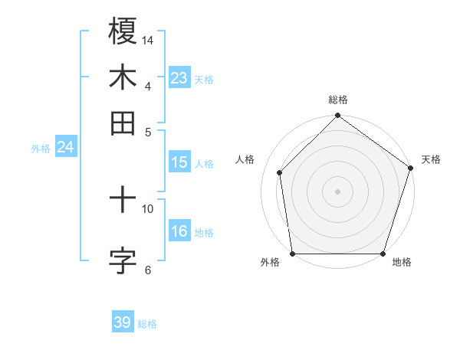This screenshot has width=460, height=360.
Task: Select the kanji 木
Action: click(x=123, y=77)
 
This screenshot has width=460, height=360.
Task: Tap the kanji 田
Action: click(x=123, y=123)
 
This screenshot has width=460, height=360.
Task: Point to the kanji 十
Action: click(x=123, y=201)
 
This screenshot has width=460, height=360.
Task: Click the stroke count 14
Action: click(x=148, y=39)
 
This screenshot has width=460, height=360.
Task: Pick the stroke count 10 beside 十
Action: click(x=148, y=208)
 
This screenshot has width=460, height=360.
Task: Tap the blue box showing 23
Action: click(x=179, y=78)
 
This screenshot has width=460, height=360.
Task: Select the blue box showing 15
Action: click(x=179, y=162)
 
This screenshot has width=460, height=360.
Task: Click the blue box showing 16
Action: click(x=179, y=231)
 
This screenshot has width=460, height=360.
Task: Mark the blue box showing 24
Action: click(x=65, y=147)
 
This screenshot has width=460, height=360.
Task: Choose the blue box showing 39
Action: click(x=122, y=322)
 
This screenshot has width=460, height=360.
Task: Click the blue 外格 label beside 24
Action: click(x=41, y=149)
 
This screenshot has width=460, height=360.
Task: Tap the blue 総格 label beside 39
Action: click(x=147, y=324)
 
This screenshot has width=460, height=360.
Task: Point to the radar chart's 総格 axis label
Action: click(x=338, y=100)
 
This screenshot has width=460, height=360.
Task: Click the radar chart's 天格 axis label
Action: click(x=431, y=159)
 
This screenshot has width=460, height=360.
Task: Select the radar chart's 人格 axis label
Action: click(x=245, y=159)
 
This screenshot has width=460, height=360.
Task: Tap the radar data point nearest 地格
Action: click(x=383, y=254)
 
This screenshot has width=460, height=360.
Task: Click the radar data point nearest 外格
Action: click(x=292, y=254)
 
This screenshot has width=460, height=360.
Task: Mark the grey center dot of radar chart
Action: click(x=337, y=191)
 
